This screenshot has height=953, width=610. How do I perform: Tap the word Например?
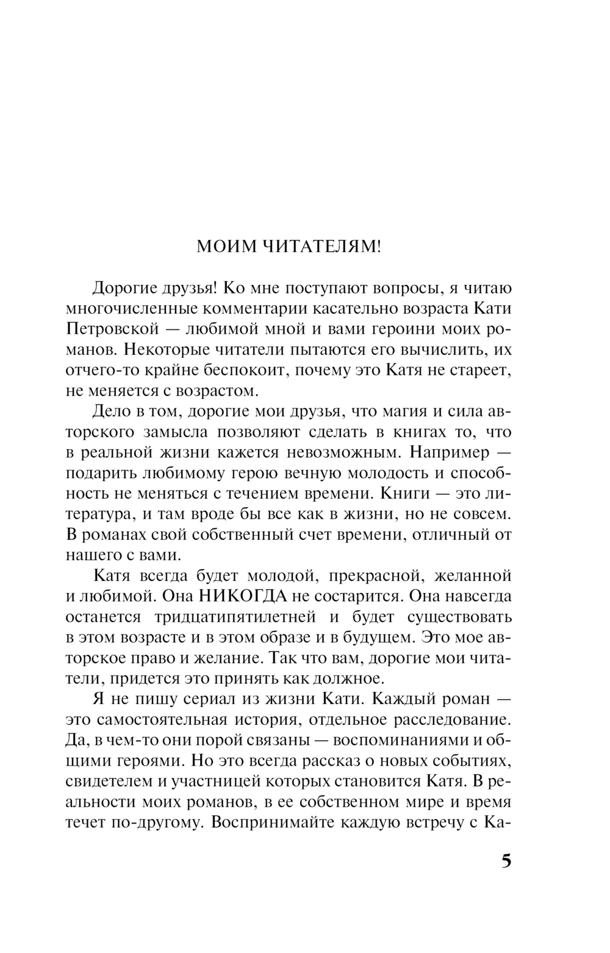[440, 452]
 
